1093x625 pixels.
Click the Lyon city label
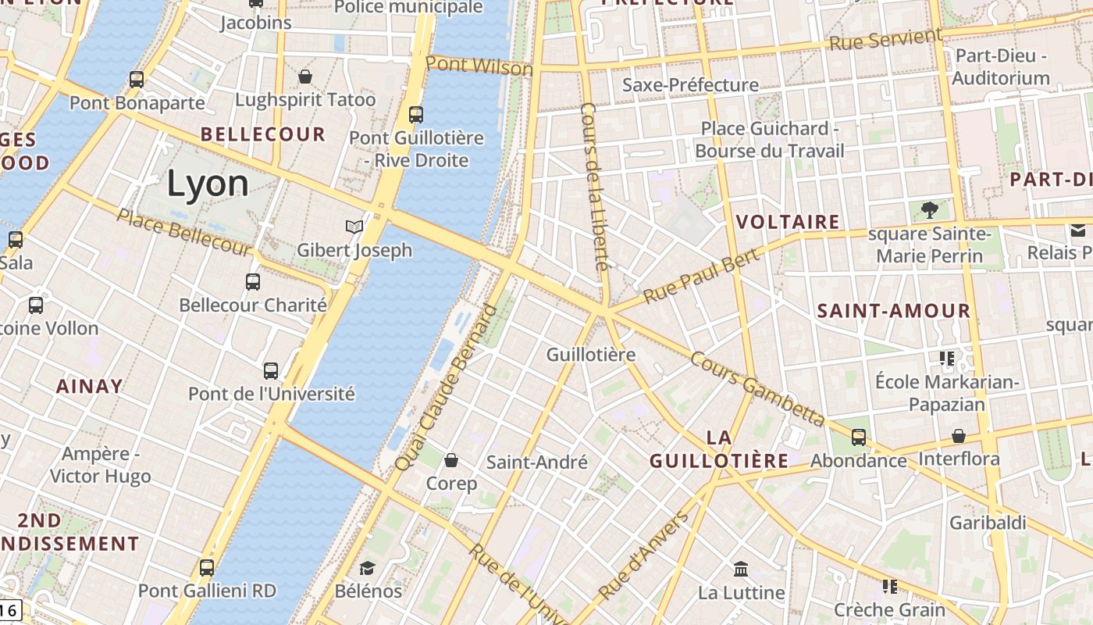point(208,184)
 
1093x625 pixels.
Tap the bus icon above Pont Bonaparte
point(137,79)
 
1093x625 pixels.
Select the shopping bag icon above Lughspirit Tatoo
point(305,77)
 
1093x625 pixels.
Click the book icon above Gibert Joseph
point(354,227)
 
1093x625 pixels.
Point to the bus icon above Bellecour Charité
point(253,282)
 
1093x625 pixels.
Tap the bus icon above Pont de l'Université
point(271,371)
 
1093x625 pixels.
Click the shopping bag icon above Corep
point(451,460)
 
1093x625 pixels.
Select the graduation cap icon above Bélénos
point(367,568)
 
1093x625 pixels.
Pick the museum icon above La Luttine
point(741,569)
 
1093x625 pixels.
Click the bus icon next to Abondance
point(859,437)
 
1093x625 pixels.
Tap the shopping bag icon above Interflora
point(959,436)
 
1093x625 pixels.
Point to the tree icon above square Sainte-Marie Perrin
point(929,209)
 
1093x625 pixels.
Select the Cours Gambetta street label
point(757,388)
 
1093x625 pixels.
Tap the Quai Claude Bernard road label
point(446,387)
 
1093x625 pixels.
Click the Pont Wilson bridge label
point(479,66)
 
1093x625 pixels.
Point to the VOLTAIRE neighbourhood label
point(789,223)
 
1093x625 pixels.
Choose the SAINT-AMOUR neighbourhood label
point(894,311)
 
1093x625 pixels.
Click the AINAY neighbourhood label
point(89,386)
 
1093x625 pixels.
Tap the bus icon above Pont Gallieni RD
point(207,568)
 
